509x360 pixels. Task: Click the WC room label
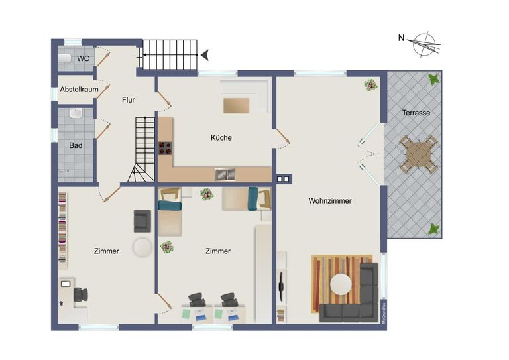(83, 58)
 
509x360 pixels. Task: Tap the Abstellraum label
(78, 89)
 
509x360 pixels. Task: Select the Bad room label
(75, 145)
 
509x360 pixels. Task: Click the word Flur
(129, 100)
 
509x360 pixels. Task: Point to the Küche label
(221, 138)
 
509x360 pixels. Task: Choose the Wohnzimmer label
(329, 200)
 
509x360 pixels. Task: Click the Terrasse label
(416, 113)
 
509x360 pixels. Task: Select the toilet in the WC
(64, 58)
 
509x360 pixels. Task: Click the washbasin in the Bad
(75, 114)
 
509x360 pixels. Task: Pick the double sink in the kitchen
(225, 174)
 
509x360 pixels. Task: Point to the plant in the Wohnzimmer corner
(369, 85)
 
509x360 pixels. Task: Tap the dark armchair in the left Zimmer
(142, 221)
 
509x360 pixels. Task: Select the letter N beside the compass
(401, 38)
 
